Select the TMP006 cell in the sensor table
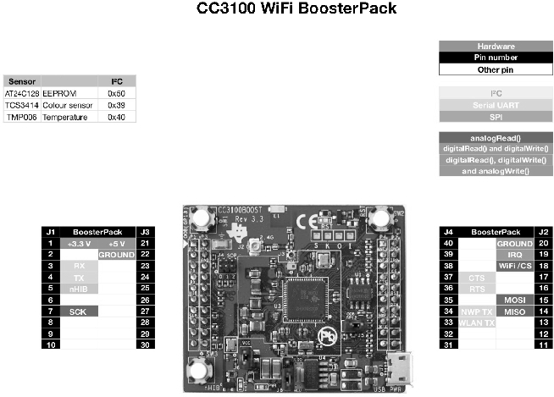click(20, 118)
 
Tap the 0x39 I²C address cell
click(116, 105)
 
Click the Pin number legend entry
click(496, 58)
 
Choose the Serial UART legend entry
click(496, 105)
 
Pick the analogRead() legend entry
click(496, 137)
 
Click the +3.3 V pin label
click(79, 243)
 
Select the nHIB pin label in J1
click(79, 288)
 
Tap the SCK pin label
click(79, 312)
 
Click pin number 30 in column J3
click(146, 345)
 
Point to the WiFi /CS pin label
click(515, 266)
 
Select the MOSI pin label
click(515, 300)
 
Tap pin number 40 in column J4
click(450, 243)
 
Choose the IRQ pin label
click(515, 254)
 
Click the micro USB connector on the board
click(396, 370)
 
